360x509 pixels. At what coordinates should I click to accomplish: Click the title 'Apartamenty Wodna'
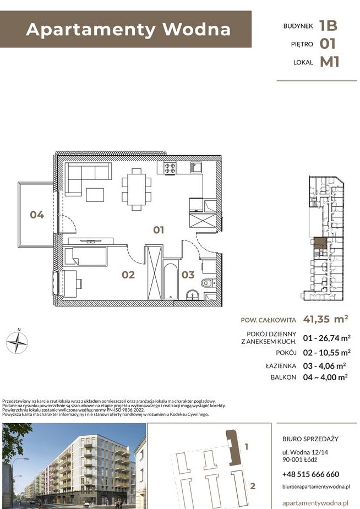[x=128, y=29]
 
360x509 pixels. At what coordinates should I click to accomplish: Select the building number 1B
[x=328, y=26]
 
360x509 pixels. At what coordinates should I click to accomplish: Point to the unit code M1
[x=329, y=62]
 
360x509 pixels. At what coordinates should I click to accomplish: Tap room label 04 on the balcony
[x=37, y=215]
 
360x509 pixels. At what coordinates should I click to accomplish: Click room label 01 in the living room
[x=159, y=230]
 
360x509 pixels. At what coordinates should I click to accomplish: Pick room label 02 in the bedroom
[x=128, y=275]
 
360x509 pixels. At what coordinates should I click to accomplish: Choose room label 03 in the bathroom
[x=188, y=275]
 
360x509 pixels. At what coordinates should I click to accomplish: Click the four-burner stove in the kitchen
[x=170, y=168]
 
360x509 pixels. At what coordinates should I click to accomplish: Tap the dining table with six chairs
[x=137, y=189]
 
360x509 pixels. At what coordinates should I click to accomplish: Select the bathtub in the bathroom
[x=171, y=281]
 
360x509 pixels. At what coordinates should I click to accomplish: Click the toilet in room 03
[x=208, y=283]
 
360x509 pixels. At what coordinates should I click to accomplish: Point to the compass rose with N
[x=17, y=342]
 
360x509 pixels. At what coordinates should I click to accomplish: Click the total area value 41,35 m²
[x=325, y=319]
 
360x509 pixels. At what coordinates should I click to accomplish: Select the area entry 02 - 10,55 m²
[x=326, y=353]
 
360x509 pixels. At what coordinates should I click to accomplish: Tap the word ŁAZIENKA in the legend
[x=281, y=366]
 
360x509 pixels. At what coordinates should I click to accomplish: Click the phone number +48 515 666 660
[x=310, y=474]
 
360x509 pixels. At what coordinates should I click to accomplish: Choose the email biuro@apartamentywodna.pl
[x=316, y=486]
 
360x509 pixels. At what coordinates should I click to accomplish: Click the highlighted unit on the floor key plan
[x=320, y=243]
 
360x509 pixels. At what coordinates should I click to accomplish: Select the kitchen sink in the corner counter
[x=197, y=168]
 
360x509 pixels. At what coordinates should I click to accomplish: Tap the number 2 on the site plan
[x=253, y=486]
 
